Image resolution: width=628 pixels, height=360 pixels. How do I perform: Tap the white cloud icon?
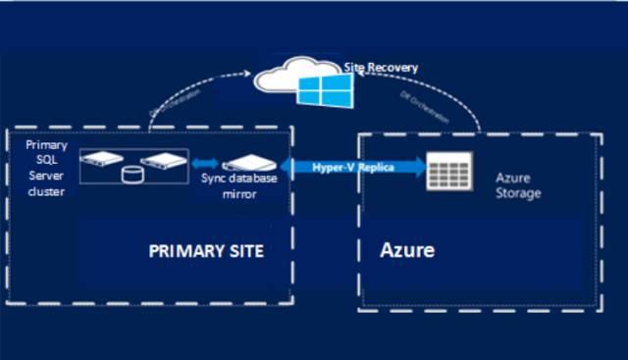point(285,77)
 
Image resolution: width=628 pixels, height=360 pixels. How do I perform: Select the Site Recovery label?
point(381,68)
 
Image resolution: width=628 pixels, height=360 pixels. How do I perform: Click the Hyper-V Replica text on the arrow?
point(353,167)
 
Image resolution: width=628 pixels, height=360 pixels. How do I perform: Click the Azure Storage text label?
point(519,185)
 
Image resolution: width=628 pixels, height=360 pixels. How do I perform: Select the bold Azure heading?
point(407,250)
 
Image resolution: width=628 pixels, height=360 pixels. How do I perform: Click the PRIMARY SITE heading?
point(206,251)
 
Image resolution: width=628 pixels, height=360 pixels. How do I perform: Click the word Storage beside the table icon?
point(519,193)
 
